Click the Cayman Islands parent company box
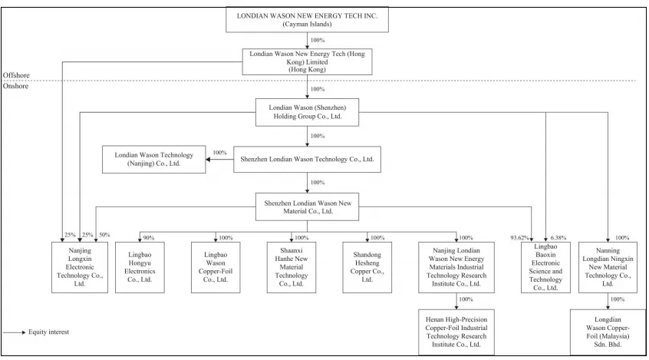click(307, 19)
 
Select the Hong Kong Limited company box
click(307, 61)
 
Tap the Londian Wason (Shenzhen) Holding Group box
click(307, 112)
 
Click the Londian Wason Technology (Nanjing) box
click(154, 159)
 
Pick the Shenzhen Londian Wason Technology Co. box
click(307, 159)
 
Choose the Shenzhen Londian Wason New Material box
click(307, 206)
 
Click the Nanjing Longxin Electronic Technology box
click(80, 267)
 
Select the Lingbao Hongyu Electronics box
click(140, 267)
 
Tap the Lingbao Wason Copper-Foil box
click(216, 267)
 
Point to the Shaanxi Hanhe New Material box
click(292, 267)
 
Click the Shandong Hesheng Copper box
click(367, 267)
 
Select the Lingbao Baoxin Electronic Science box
click(545, 267)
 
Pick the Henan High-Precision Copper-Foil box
click(456, 332)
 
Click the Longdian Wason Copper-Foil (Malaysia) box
click(608, 332)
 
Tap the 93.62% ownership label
click(519, 238)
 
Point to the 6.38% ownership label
click(558, 238)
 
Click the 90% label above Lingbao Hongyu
click(149, 238)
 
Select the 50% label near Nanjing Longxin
click(105, 235)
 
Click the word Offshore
click(16, 75)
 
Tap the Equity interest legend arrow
click(15, 332)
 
